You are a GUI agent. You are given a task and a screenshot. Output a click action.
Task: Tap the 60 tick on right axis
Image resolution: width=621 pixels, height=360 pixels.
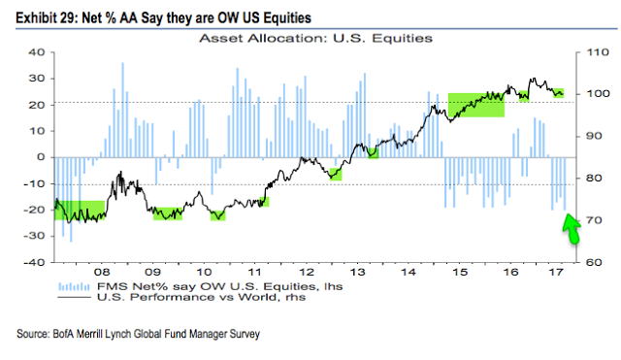tap(585, 262)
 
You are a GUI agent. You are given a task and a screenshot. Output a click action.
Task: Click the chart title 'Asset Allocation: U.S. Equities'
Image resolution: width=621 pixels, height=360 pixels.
tap(315, 38)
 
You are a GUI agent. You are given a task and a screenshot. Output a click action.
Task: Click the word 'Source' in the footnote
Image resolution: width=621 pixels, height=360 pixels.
tap(35, 335)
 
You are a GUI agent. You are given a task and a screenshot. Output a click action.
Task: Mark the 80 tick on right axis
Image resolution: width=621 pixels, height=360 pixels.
tap(585, 179)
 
